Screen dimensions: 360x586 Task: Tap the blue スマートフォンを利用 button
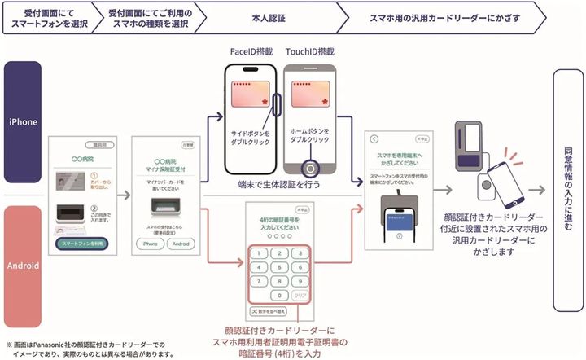[83, 243]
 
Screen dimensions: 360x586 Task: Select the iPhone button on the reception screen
[150, 243]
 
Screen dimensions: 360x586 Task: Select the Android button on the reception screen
[181, 243]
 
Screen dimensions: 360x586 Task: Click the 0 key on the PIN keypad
[279, 295]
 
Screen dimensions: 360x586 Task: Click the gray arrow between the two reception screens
[123, 195]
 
